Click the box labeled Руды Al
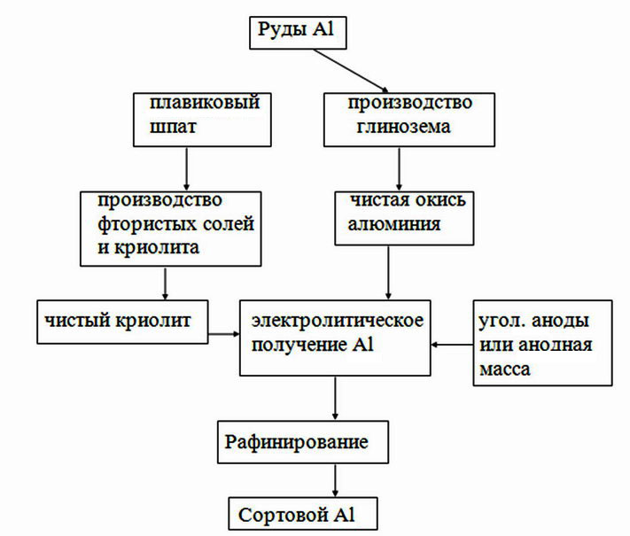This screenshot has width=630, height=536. click(298, 33)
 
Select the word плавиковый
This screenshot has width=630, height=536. click(205, 103)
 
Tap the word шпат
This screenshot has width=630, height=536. click(173, 127)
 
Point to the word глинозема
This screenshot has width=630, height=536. click(404, 127)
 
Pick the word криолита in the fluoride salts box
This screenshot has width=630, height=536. click(157, 247)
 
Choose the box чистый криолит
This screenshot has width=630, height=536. click(122, 322)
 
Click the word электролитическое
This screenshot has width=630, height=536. click(338, 321)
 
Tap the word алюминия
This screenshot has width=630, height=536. click(394, 224)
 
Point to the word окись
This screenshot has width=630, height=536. click(440, 200)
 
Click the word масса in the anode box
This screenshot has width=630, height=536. click(505, 369)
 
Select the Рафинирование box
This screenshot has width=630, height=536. click(303, 442)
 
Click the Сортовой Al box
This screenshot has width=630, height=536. click(303, 514)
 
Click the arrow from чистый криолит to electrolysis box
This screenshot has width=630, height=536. click(224, 333)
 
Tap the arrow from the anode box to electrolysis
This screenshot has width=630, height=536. click(452, 345)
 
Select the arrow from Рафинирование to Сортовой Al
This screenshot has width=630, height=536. click(335, 480)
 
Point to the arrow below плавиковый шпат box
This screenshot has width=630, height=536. click(186, 168)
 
